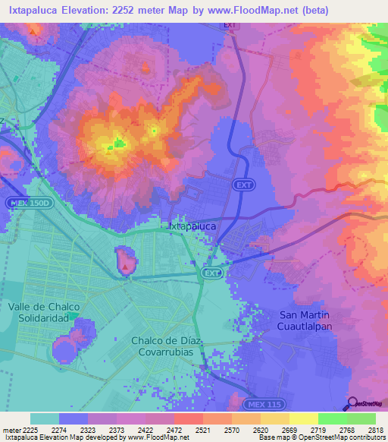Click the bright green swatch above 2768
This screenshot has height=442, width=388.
pyautogui.click(x=332, y=418)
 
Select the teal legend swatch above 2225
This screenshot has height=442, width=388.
pyautogui.click(x=45, y=418)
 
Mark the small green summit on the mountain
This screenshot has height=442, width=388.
pyautogui.click(x=117, y=142)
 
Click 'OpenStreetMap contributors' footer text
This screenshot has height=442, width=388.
pyautogui.click(x=339, y=437)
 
